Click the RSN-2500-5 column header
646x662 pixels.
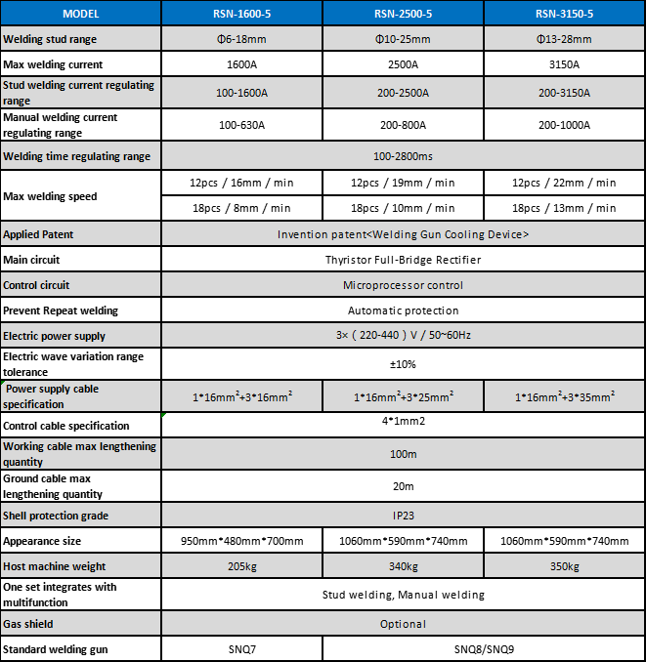(x=403, y=14)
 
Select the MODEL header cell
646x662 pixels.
(x=80, y=14)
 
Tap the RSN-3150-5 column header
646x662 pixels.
(x=564, y=14)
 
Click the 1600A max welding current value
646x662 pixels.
(x=241, y=64)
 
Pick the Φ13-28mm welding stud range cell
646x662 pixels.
(x=564, y=39)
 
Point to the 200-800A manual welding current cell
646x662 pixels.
(x=403, y=125)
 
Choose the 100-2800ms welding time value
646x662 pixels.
(x=403, y=156)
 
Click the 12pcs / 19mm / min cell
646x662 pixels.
(x=403, y=183)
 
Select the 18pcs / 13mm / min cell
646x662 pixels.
(x=564, y=208)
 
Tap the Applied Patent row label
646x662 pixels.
(x=38, y=234)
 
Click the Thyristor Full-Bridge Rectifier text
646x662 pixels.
(x=403, y=260)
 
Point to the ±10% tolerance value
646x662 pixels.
(x=403, y=363)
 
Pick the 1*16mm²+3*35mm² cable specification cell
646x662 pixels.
(x=564, y=396)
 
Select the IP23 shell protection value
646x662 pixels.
(x=403, y=515)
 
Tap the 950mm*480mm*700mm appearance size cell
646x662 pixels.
(x=241, y=541)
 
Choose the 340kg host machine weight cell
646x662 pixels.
(x=403, y=566)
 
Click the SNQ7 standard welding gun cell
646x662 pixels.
(x=241, y=649)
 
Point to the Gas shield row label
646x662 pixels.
(x=28, y=623)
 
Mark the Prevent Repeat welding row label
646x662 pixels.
(x=61, y=310)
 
